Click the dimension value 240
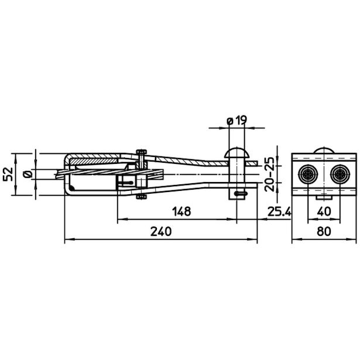pyautogui.click(x=161, y=231)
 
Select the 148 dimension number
pyautogui.click(x=181, y=211)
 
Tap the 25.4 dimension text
pyautogui.click(x=279, y=211)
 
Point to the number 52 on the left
pyautogui.click(x=8, y=174)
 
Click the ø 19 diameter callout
pyautogui.click(x=237, y=120)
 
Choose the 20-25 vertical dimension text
pyautogui.click(x=269, y=174)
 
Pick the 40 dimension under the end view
pyautogui.click(x=324, y=211)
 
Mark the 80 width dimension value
pyautogui.click(x=324, y=231)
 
